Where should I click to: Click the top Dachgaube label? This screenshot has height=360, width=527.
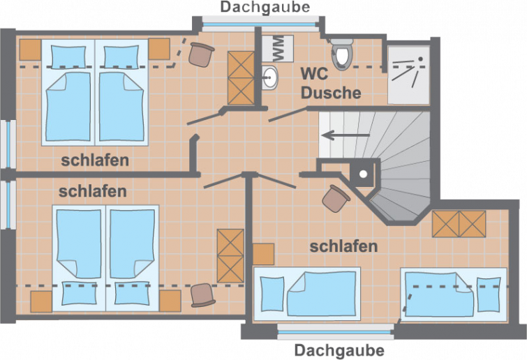(x=265, y=7)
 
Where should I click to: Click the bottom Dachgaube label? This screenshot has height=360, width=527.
(x=340, y=350)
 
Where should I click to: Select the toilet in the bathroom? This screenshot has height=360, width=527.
(x=342, y=54)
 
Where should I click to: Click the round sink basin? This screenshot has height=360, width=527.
(x=270, y=77)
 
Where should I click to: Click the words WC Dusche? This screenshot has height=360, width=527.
(x=331, y=83)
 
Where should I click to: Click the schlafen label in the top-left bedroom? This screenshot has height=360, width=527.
(x=95, y=160)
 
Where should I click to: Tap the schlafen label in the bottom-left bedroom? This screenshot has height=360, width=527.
(x=92, y=190)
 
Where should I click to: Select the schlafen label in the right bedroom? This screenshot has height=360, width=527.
(x=343, y=246)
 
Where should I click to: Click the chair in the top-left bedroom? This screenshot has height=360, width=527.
(x=202, y=53)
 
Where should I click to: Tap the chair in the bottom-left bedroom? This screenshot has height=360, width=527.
(x=202, y=294)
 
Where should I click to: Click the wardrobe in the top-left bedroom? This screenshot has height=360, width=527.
(x=241, y=77)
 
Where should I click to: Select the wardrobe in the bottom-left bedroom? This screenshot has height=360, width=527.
(x=230, y=255)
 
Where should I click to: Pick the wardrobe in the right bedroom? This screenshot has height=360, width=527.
(x=459, y=224)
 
